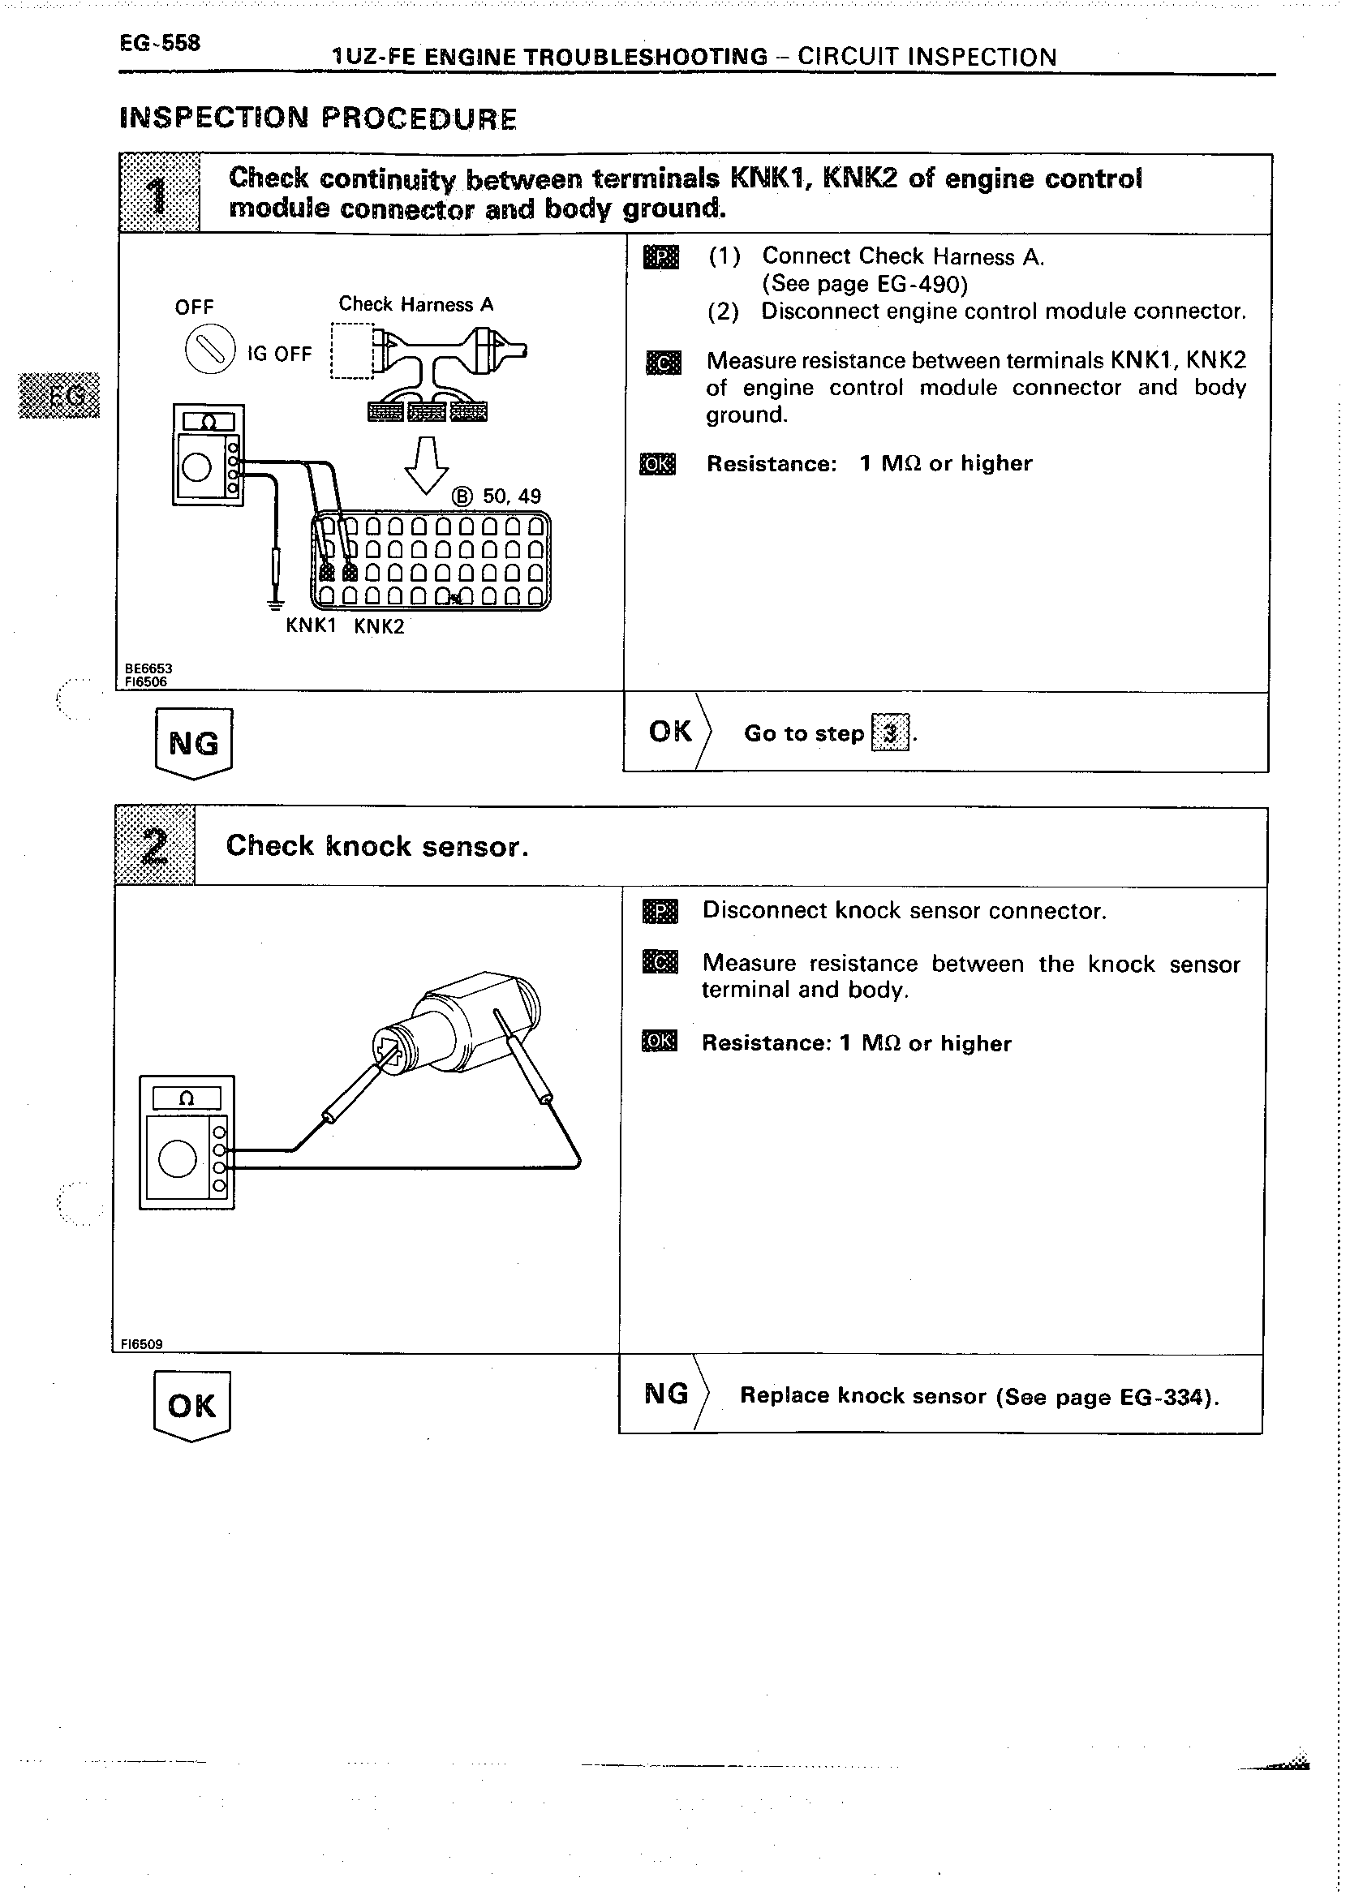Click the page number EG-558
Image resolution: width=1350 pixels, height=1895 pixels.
pyautogui.click(x=160, y=43)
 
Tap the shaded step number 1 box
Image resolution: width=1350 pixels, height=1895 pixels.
pyautogui.click(x=160, y=194)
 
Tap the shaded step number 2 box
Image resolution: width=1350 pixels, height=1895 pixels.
pyautogui.click(x=156, y=846)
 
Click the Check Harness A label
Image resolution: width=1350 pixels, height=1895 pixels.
pyautogui.click(x=415, y=304)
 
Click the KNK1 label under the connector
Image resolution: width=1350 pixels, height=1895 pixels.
pyautogui.click(x=311, y=625)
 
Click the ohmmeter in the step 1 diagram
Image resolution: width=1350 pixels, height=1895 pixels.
pyautogui.click(x=208, y=454)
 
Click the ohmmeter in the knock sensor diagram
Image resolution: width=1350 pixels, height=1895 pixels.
pyautogui.click(x=187, y=1142)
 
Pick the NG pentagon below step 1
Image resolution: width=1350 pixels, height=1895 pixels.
pyautogui.click(x=194, y=742)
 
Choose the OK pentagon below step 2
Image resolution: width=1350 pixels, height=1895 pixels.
pyautogui.click(x=192, y=1405)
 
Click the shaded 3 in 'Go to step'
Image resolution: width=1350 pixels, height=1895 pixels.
pyautogui.click(x=889, y=733)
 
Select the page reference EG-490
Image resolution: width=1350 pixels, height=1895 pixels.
pyautogui.click(x=916, y=284)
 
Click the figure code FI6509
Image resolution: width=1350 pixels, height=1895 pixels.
pyautogui.click(x=141, y=1344)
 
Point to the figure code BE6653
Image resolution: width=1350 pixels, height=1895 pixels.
pyautogui.click(x=148, y=668)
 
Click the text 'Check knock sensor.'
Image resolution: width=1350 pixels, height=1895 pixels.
pyautogui.click(x=377, y=846)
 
